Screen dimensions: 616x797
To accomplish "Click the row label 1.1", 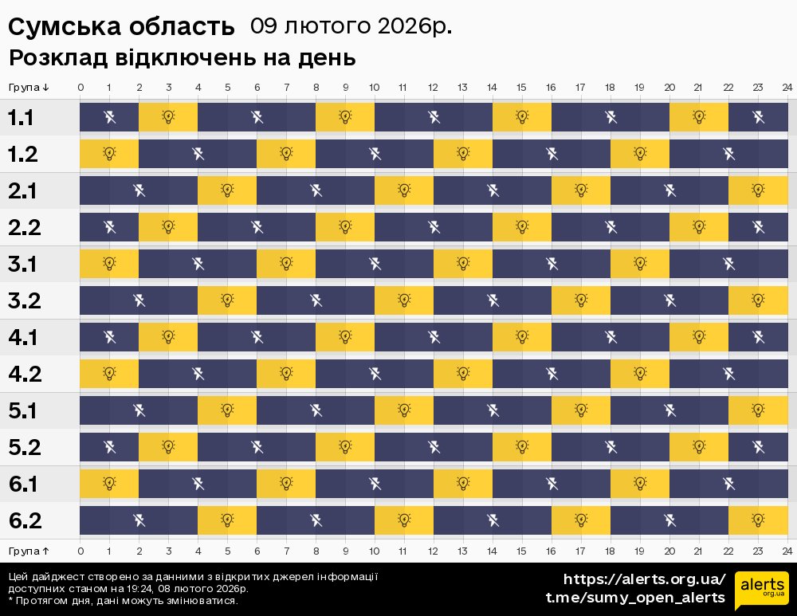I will (x=21, y=118).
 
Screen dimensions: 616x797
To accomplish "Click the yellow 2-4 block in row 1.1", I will (x=168, y=117).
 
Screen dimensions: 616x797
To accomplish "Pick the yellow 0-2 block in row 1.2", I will (x=109, y=154).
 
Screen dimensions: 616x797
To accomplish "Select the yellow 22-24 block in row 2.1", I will (x=758, y=190).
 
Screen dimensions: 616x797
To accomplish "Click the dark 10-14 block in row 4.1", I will (x=434, y=337).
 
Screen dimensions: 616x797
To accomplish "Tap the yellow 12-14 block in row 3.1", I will (x=463, y=264).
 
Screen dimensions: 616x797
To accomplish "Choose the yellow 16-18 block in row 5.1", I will (x=581, y=410).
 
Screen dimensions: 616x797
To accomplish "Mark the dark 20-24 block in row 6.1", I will (x=728, y=484).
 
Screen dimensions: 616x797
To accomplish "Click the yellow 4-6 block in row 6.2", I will (x=227, y=520).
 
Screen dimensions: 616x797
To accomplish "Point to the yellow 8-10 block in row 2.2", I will (x=345, y=227).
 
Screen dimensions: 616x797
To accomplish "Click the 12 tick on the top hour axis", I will (x=433, y=87).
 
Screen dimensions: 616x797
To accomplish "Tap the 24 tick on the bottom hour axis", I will (x=787, y=551).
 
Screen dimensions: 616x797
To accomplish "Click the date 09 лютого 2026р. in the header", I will (x=351, y=26).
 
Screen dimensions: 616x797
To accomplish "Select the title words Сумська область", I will (x=121, y=27).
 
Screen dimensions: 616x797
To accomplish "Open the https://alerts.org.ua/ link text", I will (x=645, y=579).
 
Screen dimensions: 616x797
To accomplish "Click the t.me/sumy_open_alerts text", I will (x=634, y=598).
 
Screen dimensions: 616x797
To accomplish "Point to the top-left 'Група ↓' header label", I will (x=29, y=87).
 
